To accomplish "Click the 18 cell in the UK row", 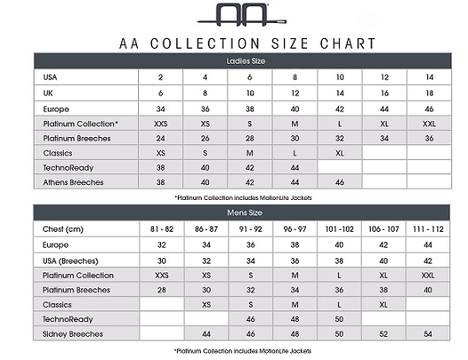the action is pyautogui.click(x=430, y=92).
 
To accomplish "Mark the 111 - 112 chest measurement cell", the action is pyautogui.click(x=430, y=229).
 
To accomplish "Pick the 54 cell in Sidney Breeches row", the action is pyautogui.click(x=430, y=334).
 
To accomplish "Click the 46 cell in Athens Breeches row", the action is pyautogui.click(x=340, y=182).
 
